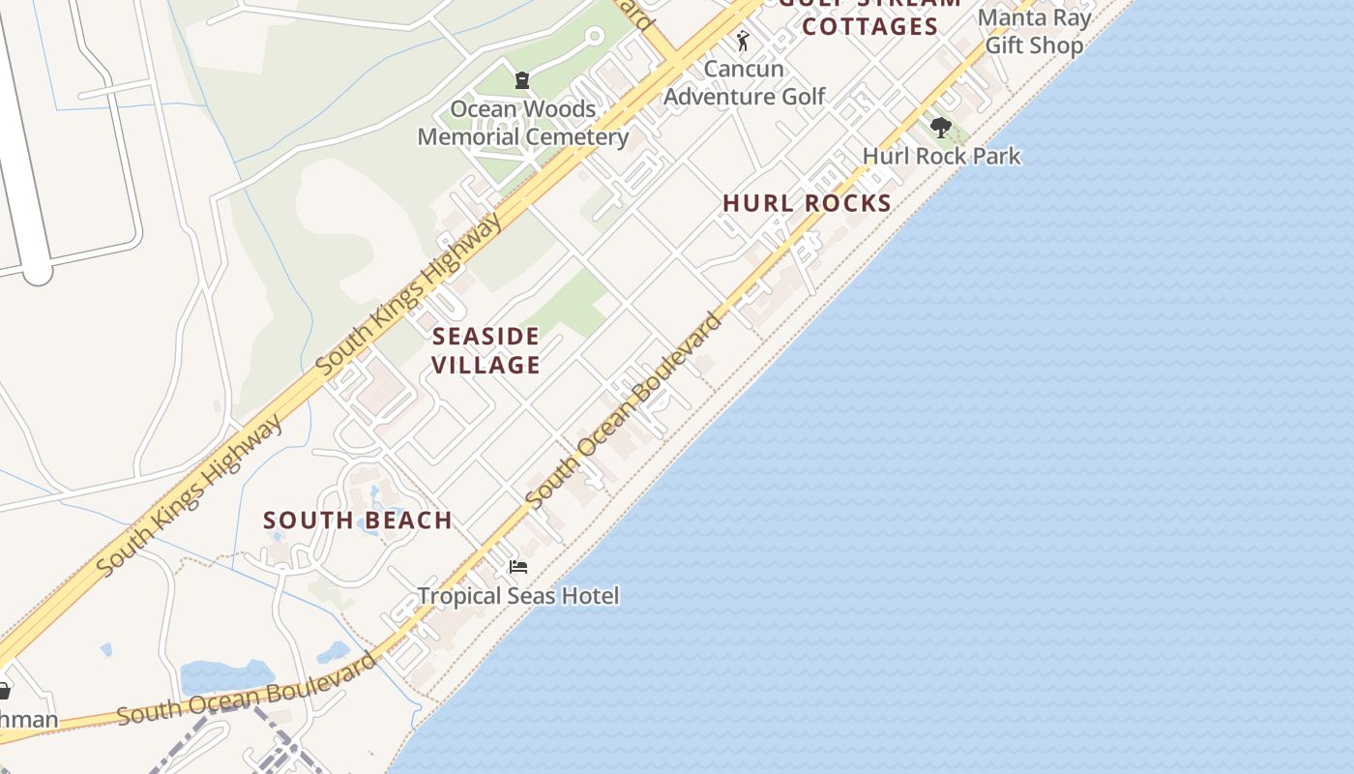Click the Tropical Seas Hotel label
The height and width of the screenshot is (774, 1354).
(518, 595)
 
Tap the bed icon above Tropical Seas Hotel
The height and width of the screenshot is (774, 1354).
(518, 567)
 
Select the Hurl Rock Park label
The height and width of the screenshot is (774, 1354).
(941, 156)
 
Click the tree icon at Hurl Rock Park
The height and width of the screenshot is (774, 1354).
(940, 128)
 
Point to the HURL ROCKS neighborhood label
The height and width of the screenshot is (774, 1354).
(807, 203)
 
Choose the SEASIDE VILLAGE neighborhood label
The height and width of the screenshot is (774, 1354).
(486, 350)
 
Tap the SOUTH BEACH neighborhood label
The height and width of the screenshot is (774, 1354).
(358, 521)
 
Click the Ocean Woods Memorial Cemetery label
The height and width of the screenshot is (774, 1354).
(522, 123)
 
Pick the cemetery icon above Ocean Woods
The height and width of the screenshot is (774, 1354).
(522, 80)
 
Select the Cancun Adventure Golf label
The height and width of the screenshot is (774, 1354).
(744, 82)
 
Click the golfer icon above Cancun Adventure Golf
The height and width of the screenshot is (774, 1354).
(743, 41)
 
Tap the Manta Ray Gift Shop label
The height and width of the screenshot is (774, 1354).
(1034, 31)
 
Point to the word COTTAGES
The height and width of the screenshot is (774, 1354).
(869, 27)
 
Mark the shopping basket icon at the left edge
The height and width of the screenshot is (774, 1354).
(4, 691)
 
